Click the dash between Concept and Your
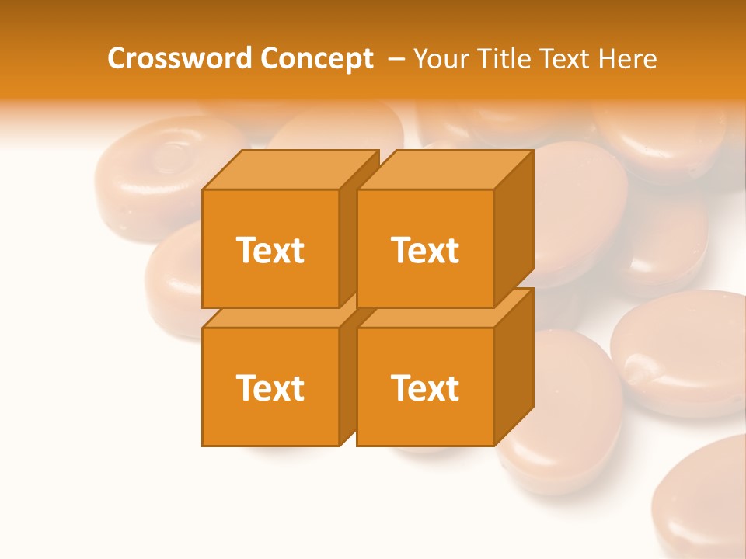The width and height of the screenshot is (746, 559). (x=396, y=59)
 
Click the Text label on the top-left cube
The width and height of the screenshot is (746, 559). (x=270, y=250)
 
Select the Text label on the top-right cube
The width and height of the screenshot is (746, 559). (x=425, y=250)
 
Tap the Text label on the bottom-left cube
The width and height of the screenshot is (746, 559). (x=270, y=387)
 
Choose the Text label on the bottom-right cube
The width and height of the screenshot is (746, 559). (x=425, y=387)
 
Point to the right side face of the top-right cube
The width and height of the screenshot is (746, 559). (x=514, y=225)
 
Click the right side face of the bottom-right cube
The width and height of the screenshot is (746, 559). (x=514, y=365)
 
